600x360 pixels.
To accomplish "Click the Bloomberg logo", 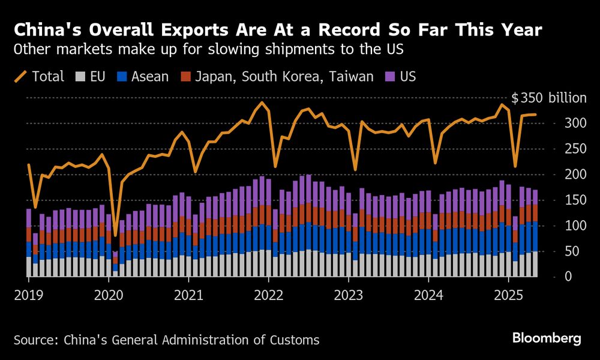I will click(x=547, y=339).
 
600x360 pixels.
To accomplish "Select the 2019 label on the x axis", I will click(x=28, y=295).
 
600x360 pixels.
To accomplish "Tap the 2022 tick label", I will click(x=268, y=295).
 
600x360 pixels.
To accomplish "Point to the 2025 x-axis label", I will click(x=508, y=295).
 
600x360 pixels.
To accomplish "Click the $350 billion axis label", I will click(x=548, y=98).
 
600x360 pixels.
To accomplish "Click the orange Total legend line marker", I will click(x=21, y=77).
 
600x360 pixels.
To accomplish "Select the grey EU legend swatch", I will click(x=79, y=77).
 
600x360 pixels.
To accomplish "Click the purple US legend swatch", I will click(x=389, y=77).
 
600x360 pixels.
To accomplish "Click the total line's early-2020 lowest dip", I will click(x=115, y=235).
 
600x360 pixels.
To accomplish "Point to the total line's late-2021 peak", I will click(x=261, y=103).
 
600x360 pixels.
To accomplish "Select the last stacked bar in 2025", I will click(x=535, y=234).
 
